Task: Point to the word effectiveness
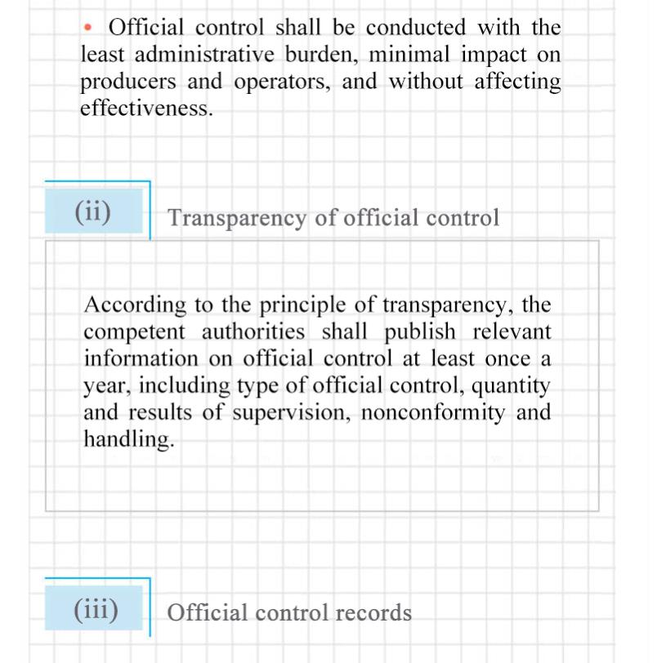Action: [x=146, y=109]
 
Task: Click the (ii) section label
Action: [x=93, y=211]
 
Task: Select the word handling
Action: [x=128, y=439]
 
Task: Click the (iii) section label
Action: [x=96, y=609]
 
